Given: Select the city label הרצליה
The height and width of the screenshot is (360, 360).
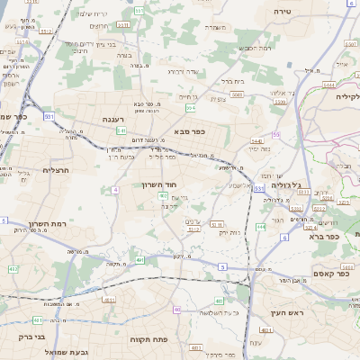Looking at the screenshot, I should (x=56, y=168).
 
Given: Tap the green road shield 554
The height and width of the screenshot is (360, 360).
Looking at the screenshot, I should (x=191, y=108).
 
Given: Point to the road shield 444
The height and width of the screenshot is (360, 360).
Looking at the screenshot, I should (x=260, y=227).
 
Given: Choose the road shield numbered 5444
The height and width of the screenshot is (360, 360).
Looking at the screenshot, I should (x=256, y=142).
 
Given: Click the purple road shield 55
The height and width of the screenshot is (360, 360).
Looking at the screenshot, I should (x=275, y=134).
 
